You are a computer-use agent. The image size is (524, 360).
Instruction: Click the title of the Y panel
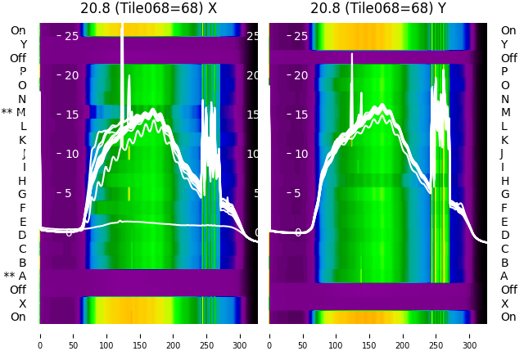click(x=378, y=8)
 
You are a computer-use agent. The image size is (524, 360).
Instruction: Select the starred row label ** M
click(x=14, y=112)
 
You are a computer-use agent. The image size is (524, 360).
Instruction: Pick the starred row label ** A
click(x=15, y=277)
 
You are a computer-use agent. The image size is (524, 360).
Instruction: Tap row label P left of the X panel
click(x=22, y=71)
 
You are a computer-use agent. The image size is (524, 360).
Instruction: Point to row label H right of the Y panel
click(x=504, y=181)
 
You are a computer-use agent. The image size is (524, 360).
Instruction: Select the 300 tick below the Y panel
click(x=470, y=335)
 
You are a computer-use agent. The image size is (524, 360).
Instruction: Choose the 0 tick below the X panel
click(x=40, y=335)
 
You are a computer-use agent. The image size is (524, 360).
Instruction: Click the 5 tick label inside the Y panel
click(x=300, y=193)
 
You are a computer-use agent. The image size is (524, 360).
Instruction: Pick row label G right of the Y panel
click(x=504, y=194)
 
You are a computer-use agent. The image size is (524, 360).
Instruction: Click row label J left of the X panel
click(x=24, y=153)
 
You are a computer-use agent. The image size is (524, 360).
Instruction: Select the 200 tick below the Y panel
click(x=404, y=335)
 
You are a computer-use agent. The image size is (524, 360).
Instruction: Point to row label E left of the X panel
click(x=23, y=222)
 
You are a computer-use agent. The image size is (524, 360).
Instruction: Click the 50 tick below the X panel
click(x=74, y=335)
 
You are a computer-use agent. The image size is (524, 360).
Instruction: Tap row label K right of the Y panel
click(x=504, y=140)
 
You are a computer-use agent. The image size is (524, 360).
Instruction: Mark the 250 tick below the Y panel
click(x=437, y=335)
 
